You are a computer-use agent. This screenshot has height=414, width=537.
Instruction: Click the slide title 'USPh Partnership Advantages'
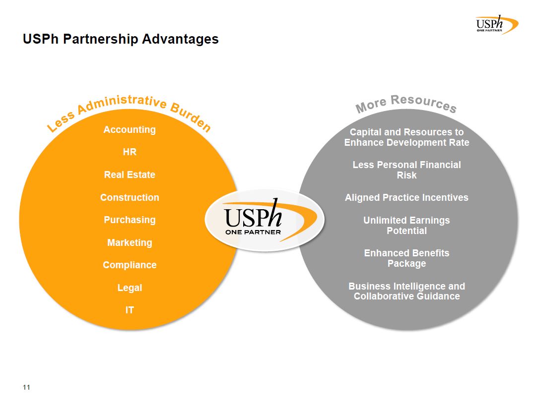(121, 39)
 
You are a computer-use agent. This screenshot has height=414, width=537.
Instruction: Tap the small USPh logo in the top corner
(497, 24)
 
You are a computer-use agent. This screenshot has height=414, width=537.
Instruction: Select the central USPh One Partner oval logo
(265, 220)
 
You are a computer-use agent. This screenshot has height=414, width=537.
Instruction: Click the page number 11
(26, 387)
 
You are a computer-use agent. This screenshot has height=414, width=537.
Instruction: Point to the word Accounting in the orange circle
(130, 130)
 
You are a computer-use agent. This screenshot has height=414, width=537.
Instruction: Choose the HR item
(130, 152)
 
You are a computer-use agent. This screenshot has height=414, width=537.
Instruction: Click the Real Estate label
(130, 175)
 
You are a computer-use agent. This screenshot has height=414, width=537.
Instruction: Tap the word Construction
(130, 197)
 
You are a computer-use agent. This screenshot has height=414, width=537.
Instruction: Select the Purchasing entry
(130, 220)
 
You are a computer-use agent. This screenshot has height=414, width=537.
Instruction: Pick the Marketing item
(130, 242)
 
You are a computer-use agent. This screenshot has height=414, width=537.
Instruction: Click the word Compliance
(130, 265)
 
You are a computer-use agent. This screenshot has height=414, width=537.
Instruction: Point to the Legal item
(130, 288)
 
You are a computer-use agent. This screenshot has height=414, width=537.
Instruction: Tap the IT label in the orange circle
(130, 310)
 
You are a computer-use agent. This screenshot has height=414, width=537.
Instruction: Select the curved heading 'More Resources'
(406, 104)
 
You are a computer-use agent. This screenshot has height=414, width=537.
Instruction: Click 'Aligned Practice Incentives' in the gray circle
(406, 197)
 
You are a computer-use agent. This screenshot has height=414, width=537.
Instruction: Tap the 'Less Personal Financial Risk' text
(406, 170)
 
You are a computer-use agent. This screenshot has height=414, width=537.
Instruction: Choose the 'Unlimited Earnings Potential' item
(406, 226)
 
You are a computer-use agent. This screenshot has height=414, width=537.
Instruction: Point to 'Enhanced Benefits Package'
(406, 258)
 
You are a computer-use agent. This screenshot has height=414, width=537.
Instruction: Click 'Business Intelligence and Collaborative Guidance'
(406, 291)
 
